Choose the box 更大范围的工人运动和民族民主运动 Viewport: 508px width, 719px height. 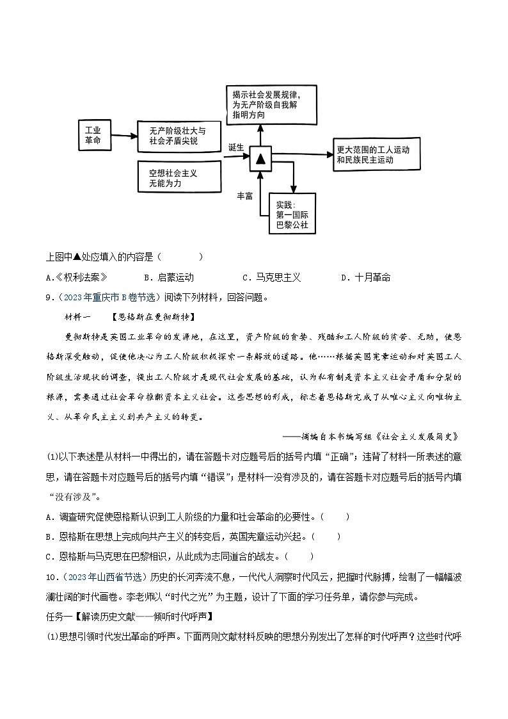[377, 154]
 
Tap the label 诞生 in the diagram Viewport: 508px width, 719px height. [236, 147]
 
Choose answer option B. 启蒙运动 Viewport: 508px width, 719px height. [169, 277]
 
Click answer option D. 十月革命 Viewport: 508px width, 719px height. [365, 277]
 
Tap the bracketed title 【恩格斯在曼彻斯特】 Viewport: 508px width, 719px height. [152, 317]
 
